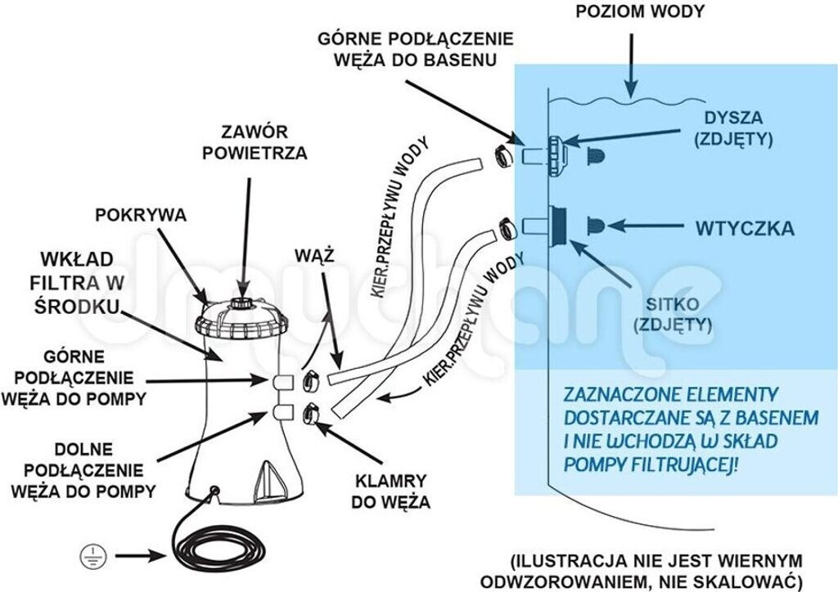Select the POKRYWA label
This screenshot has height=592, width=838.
pos(141,216)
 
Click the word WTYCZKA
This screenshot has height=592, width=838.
pos(744,228)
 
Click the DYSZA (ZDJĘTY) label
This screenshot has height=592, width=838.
pos(733,128)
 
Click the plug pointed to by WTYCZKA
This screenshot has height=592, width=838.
pos(596,226)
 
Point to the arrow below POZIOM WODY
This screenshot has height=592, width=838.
pos(629,65)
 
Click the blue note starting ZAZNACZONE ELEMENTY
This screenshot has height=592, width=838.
pos(691,429)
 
